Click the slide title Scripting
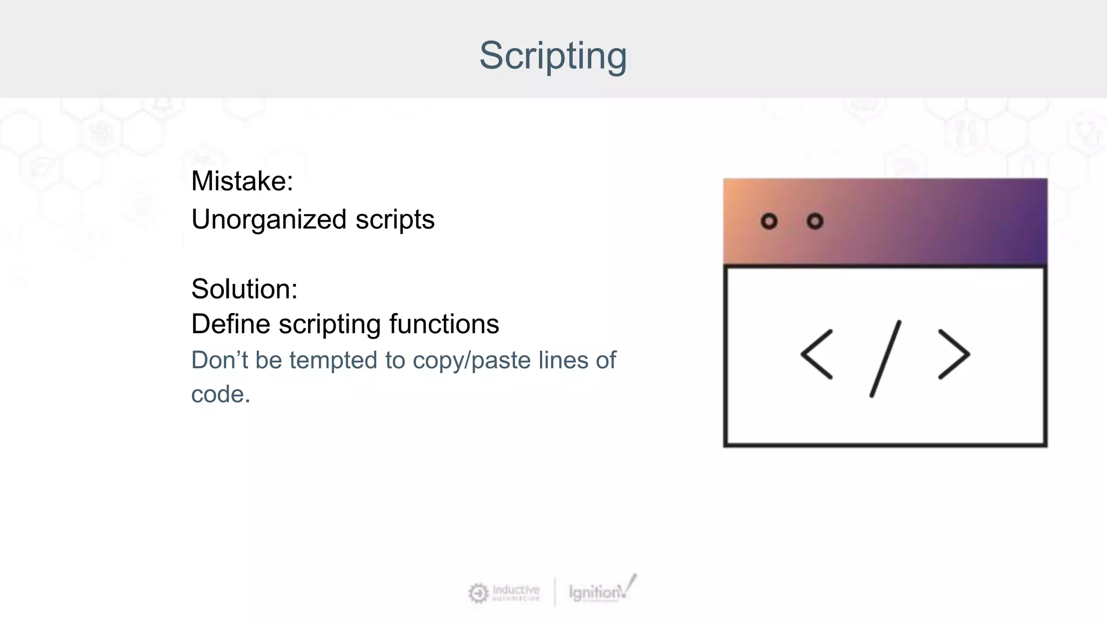(553, 56)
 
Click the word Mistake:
(242, 181)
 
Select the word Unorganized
(269, 220)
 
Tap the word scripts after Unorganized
(395, 220)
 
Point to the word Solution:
(244, 289)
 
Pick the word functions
(444, 324)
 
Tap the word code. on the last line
(221, 394)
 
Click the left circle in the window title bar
(769, 221)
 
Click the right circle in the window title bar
(815, 221)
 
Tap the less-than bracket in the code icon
(816, 355)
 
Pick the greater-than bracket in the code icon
(954, 355)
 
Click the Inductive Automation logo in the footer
(504, 593)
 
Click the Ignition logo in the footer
(601, 591)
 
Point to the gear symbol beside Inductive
(478, 593)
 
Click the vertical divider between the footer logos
(555, 592)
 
